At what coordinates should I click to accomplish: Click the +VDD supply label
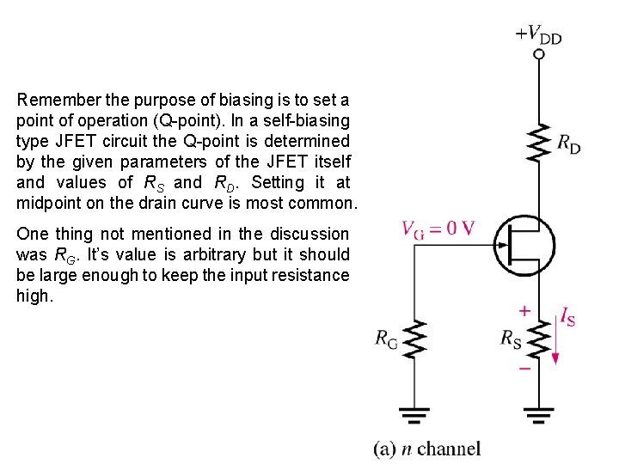[x=538, y=34]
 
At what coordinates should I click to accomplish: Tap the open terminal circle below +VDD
[x=539, y=54]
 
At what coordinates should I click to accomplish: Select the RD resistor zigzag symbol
[x=539, y=143]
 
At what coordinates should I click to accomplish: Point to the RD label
[x=568, y=144]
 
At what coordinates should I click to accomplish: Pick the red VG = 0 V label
[x=438, y=229]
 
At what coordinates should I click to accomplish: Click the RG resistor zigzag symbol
[x=416, y=340]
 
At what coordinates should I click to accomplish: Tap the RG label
[x=387, y=339]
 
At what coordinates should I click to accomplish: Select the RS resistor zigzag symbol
[x=539, y=339]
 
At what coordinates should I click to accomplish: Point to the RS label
[x=512, y=338]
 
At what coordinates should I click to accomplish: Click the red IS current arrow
[x=556, y=344]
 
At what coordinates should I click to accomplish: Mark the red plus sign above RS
[x=524, y=310]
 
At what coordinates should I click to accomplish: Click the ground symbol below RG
[x=416, y=417]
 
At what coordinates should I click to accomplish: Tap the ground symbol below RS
[x=539, y=417]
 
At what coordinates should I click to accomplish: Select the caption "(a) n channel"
[x=426, y=448]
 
